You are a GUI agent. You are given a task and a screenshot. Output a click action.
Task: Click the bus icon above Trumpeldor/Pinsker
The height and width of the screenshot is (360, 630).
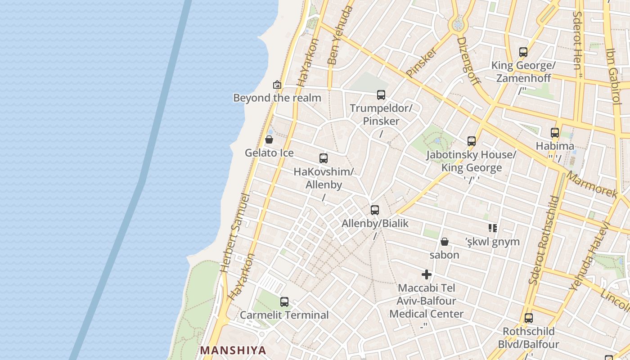(x=381, y=95)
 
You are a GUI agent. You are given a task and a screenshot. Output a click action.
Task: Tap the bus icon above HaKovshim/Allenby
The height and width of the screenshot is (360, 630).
(x=324, y=158)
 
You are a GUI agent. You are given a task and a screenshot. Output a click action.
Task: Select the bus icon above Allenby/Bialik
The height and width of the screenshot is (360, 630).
(x=375, y=210)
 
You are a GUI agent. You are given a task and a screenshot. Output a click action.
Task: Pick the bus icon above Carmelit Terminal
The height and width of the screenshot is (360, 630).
(x=284, y=302)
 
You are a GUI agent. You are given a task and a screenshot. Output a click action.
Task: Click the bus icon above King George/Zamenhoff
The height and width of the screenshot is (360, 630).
(x=523, y=52)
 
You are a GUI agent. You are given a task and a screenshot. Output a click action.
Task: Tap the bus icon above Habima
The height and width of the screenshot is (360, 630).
(x=555, y=133)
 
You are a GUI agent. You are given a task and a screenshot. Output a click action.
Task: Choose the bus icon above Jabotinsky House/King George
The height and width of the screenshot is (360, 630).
(x=472, y=141)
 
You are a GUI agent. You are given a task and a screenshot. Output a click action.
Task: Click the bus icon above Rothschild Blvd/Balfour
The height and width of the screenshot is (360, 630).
(x=529, y=318)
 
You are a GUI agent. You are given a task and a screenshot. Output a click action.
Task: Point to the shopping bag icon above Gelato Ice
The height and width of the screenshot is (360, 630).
(x=269, y=139)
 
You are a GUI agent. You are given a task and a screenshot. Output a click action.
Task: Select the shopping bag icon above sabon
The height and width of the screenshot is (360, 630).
(x=445, y=242)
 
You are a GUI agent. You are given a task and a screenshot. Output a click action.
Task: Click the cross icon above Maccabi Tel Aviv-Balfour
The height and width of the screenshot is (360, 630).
(x=427, y=274)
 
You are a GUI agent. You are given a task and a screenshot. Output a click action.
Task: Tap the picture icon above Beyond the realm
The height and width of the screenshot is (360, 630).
(x=277, y=85)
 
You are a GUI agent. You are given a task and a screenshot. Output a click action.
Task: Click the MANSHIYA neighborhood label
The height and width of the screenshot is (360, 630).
(x=233, y=350)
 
